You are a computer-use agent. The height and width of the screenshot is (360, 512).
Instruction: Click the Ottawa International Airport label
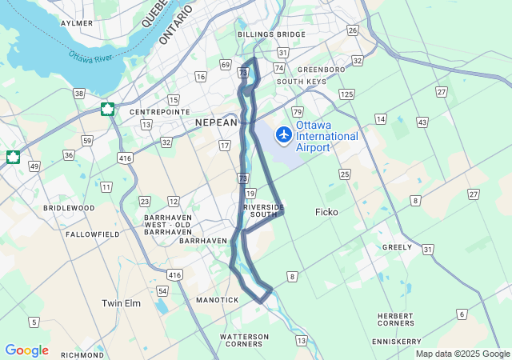click(327, 137)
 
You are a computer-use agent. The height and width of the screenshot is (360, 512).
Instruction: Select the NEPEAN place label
click(216, 122)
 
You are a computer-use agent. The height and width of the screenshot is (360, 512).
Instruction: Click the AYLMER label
click(77, 23)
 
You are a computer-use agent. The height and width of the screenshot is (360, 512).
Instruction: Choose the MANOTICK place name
click(217, 300)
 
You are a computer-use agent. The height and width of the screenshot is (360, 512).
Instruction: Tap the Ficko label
click(327, 212)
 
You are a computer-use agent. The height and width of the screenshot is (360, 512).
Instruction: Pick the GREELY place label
click(398, 247)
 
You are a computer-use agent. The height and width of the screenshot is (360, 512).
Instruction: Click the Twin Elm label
click(122, 303)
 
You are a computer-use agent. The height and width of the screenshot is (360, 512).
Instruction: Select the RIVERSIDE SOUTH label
click(264, 210)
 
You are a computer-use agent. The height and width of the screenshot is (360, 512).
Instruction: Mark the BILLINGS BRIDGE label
click(271, 34)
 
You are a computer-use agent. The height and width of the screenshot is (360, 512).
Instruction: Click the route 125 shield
click(346, 94)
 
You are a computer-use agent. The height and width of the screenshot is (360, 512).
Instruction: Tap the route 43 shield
click(422, 122)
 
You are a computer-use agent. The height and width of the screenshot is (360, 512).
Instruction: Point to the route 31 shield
click(428, 250)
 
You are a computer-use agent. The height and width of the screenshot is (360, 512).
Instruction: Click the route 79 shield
click(297, 111)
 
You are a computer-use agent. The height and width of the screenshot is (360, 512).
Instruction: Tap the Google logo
click(26, 350)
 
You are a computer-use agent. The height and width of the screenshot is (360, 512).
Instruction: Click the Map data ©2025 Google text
click(462, 354)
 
